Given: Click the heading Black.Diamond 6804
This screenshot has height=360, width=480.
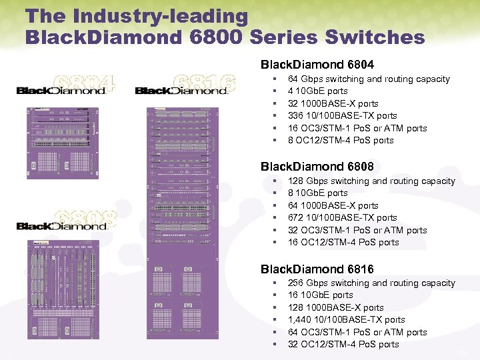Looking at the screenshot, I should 317,65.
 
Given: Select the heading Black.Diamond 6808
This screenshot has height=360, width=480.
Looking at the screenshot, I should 317,166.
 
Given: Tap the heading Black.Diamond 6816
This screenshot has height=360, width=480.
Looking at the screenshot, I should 317,269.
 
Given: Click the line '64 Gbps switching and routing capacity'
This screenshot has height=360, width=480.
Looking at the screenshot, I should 369,79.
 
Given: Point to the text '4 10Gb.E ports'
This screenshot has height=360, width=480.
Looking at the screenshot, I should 317,91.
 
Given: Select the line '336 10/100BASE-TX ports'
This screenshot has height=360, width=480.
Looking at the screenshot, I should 342,115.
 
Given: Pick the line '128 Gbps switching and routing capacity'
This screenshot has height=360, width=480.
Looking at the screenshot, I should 371,181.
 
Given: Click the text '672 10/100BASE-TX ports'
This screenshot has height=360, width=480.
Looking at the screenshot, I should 342,217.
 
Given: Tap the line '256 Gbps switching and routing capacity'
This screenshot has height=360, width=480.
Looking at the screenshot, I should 371,283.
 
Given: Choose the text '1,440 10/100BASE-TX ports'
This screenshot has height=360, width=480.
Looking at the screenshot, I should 346,319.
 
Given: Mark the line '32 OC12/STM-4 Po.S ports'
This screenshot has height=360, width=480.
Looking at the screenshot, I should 343,344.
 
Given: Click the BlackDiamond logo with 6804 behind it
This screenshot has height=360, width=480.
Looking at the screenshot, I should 61,89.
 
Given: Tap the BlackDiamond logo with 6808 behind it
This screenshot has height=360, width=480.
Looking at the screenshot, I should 61,225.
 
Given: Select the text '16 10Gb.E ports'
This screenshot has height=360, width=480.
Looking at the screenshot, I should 320,295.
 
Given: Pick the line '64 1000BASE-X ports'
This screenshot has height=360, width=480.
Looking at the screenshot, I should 333,205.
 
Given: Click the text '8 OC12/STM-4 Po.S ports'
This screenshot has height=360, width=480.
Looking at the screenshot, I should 341,140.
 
